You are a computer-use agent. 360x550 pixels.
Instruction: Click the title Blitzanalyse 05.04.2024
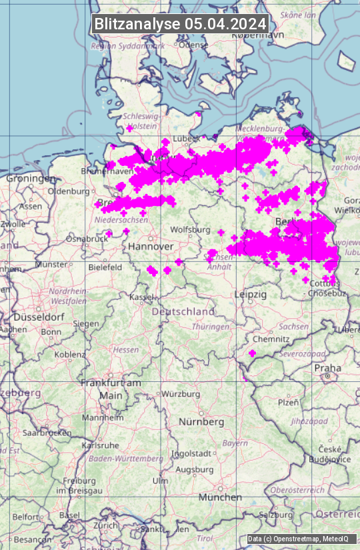pos(180,23)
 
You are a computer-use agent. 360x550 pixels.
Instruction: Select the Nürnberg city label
pos(201,422)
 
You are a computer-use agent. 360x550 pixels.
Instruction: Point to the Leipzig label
pos(251,294)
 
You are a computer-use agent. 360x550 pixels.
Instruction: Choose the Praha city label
pos(327,368)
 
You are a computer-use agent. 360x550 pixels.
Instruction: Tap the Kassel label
pos(142,296)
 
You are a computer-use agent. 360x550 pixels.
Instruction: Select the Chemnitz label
pos(271,339)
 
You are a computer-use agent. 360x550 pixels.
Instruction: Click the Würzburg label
pos(181,394)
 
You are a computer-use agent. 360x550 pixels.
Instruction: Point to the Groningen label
pos(31,179)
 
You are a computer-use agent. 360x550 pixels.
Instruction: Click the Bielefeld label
pos(105,267)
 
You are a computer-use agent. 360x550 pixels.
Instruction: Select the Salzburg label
pos(276,515)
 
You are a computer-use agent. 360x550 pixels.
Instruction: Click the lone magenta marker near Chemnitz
pos(252,353)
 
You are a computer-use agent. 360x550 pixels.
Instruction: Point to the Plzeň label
pos(288,402)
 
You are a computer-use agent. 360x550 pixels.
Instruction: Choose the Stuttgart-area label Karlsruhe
pos(100,445)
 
